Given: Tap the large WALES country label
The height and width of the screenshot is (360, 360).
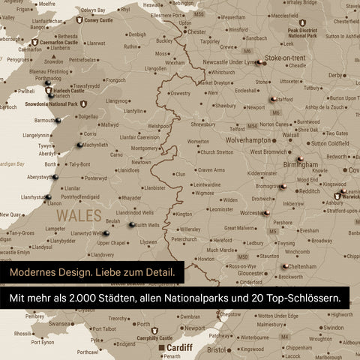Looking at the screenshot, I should (77, 214).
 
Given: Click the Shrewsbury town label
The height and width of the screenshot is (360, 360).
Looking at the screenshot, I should (203, 124).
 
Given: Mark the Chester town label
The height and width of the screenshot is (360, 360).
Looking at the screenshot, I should (196, 32).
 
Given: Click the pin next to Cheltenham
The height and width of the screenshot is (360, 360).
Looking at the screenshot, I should (286, 265).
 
